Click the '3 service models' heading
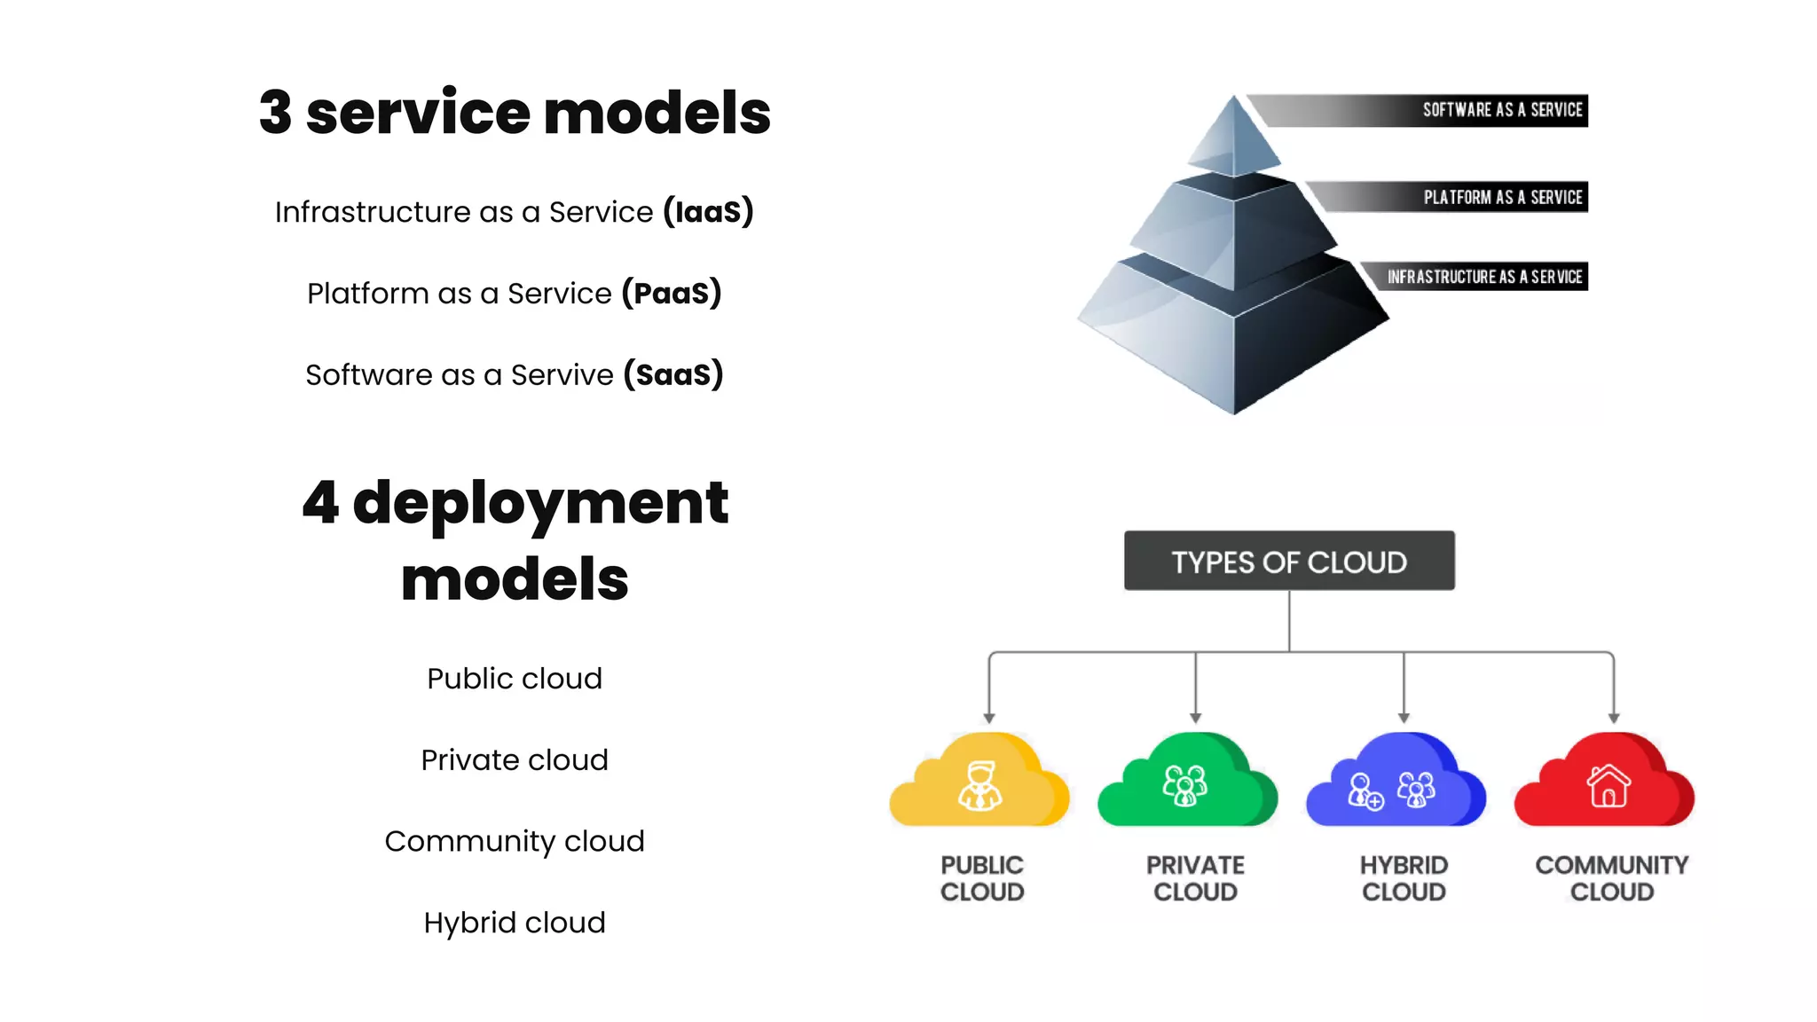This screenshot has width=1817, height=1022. point(515,114)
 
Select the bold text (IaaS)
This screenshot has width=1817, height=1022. point(708,211)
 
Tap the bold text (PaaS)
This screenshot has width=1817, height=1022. point(672,293)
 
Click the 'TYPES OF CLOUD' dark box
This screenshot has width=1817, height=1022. point(1289,561)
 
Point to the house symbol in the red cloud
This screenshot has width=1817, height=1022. point(1609,785)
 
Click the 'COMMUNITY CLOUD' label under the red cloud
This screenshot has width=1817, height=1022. point(1611,877)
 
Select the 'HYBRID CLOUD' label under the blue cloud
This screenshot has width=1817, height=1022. point(1404,877)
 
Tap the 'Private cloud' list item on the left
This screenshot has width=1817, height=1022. point(515,760)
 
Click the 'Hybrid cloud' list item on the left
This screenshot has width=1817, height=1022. point(515,923)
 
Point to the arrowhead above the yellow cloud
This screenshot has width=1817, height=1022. point(989,718)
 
